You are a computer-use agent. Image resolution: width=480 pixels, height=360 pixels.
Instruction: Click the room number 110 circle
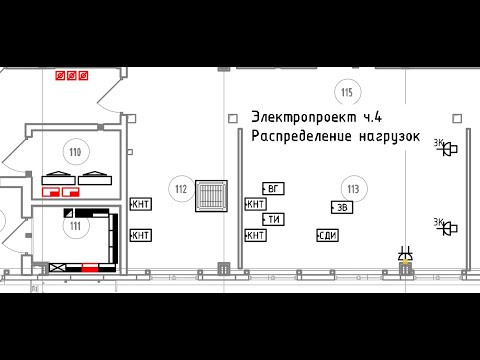click(73, 152)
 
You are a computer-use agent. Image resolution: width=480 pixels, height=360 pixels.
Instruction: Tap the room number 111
click(73, 226)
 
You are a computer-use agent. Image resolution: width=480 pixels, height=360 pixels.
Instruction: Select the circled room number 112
click(181, 189)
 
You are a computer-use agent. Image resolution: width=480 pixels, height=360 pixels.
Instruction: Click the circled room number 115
click(347, 94)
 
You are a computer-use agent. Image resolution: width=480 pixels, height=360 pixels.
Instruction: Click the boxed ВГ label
click(273, 188)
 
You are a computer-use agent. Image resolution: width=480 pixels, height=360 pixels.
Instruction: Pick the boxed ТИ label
click(273, 219)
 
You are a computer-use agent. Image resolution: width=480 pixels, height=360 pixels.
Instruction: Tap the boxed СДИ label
click(326, 235)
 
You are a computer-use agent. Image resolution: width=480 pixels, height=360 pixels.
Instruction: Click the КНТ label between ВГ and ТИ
click(255, 204)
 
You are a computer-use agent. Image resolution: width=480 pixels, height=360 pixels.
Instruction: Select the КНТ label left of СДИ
click(255, 235)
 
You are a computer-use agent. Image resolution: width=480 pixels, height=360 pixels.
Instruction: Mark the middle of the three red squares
click(72, 75)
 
